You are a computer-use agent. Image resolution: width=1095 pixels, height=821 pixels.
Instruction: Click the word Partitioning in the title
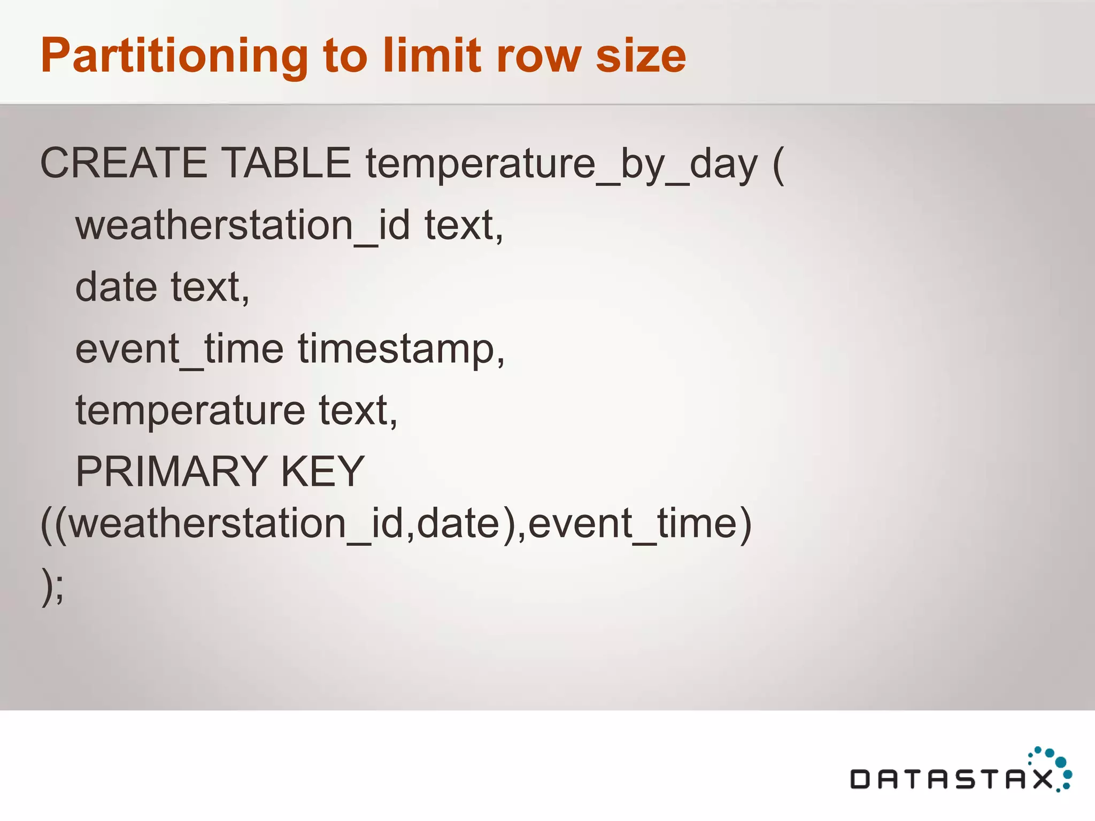coord(174,56)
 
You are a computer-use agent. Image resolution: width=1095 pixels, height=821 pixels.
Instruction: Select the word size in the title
coord(641,56)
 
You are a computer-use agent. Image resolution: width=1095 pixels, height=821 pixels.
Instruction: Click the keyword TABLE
coord(286,163)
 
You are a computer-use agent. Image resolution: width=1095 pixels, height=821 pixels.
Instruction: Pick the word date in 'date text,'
coord(116,287)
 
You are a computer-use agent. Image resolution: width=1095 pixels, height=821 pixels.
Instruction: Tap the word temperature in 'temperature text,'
coord(190,411)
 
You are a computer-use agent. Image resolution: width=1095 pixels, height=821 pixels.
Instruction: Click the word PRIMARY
coord(171,471)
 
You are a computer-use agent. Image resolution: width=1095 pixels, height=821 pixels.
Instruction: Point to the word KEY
coord(322,471)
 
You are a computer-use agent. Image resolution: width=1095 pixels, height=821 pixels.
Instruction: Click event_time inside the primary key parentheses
coord(634,524)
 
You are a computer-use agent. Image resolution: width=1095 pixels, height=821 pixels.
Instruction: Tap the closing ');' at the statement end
coord(52,586)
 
